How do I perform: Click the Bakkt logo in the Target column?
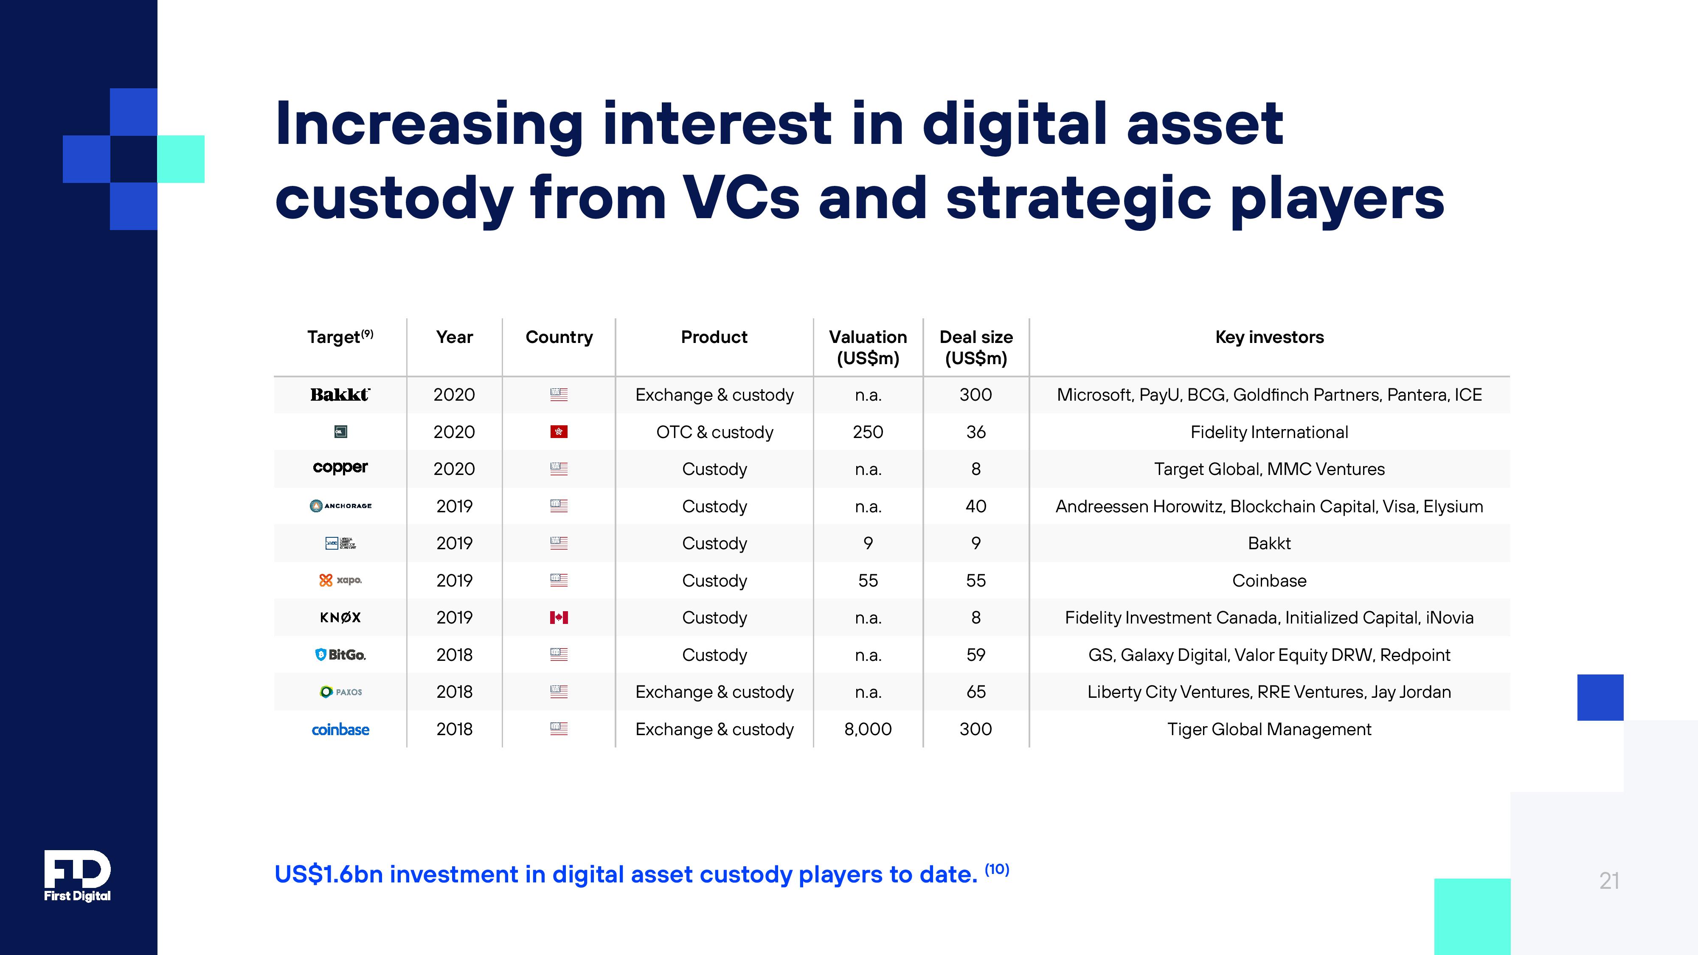pos(340,395)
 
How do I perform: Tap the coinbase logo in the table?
pos(340,730)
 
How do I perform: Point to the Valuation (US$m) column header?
pos(867,347)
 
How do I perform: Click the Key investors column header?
pos(1269,337)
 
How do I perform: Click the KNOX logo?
pos(340,618)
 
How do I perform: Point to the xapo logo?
pos(340,580)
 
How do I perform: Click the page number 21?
pos(1608,881)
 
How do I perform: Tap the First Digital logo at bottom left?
pos(77,875)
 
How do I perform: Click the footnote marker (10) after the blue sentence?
pos(997,869)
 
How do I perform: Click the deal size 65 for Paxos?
pos(976,692)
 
